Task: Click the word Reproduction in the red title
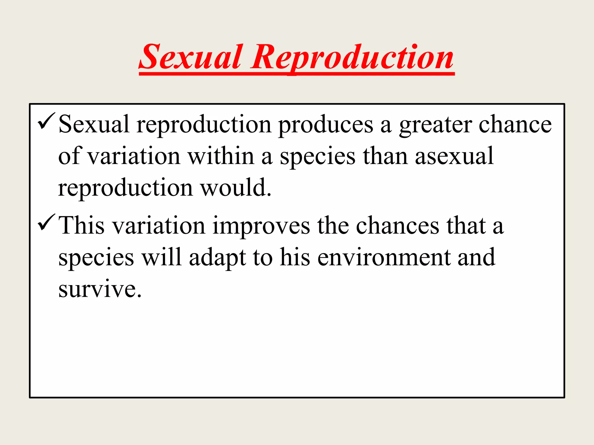point(352,57)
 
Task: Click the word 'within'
point(221,156)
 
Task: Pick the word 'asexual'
point(454,156)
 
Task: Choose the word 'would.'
point(236,188)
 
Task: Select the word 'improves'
point(261,226)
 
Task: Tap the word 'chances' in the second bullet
point(397,226)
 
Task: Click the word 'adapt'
point(217,258)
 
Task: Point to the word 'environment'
point(384,258)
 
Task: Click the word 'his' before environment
point(295,258)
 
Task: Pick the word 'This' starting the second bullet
point(81,226)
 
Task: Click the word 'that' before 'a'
point(466,226)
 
